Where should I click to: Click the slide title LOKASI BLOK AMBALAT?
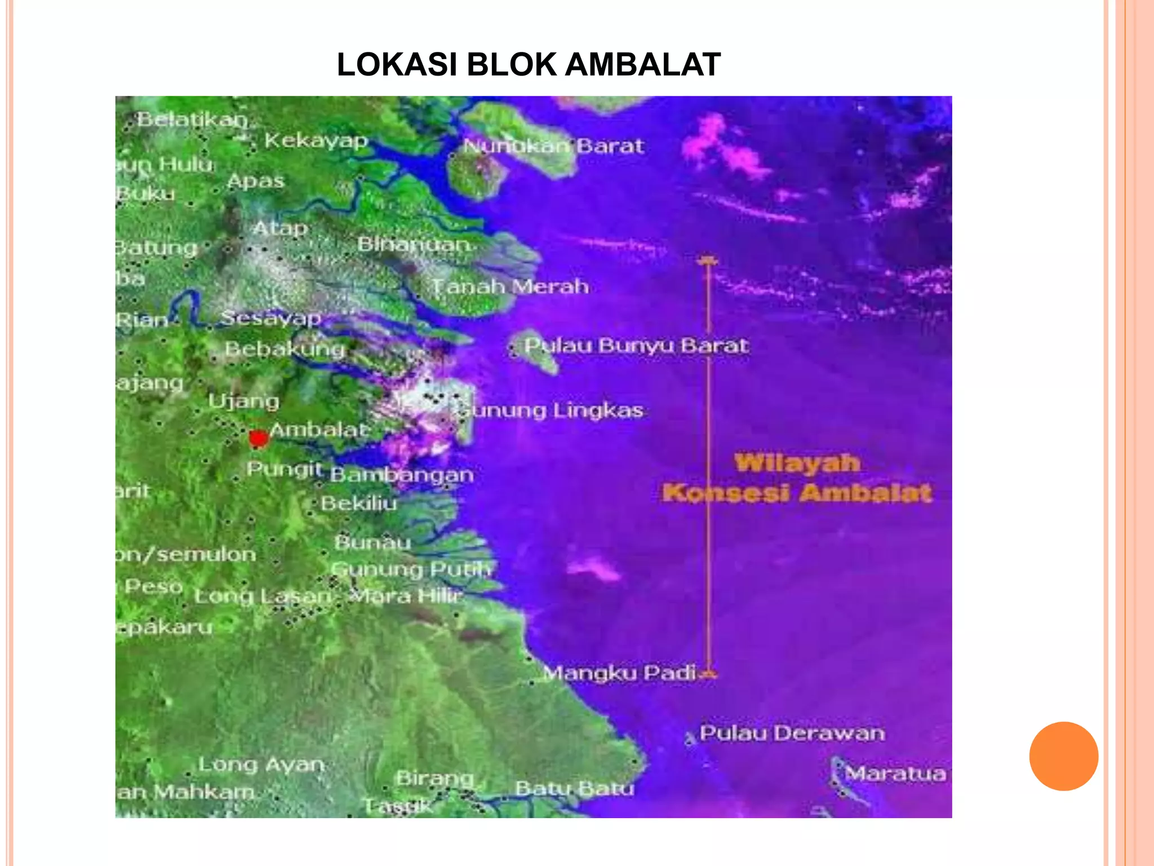[x=529, y=64]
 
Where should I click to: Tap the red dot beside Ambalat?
[x=259, y=439]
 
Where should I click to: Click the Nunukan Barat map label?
[x=553, y=146]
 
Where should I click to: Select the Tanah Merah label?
[x=511, y=286]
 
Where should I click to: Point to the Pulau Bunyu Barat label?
[x=636, y=345]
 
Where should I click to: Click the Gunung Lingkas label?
[x=551, y=410]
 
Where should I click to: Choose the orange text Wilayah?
[x=797, y=463]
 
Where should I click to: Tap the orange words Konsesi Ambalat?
[x=797, y=493]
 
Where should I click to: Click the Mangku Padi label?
[x=620, y=673]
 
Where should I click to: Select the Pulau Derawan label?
[x=792, y=733]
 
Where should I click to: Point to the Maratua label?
[x=895, y=774]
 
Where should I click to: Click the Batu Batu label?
[x=575, y=788]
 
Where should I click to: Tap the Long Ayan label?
[x=261, y=765]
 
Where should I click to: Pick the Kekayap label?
[x=316, y=140]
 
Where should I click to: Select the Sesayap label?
[x=271, y=318]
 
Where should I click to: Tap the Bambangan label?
[x=402, y=474]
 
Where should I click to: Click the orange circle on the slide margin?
[x=1063, y=756]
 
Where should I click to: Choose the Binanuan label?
[x=414, y=244]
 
